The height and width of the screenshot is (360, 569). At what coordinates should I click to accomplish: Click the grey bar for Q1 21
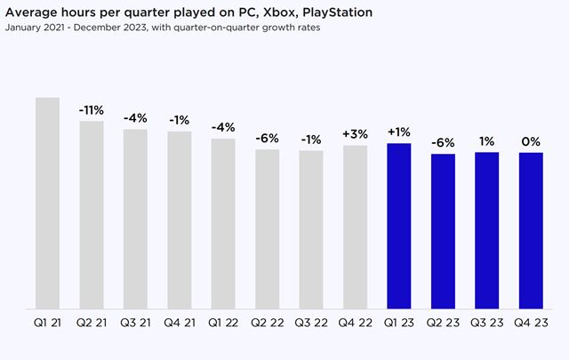point(47,203)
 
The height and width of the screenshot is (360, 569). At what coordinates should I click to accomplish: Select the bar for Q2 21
point(92,214)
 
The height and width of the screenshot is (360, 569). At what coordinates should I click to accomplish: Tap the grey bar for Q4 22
point(355,227)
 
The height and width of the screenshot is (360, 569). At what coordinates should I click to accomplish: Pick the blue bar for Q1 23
point(398,226)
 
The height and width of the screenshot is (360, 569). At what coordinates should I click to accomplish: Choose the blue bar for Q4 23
point(531,230)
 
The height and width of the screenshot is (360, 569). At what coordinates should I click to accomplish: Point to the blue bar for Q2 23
point(443,231)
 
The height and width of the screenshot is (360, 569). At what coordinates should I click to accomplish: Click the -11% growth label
point(91,110)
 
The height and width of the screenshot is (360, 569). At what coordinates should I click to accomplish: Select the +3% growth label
point(355,134)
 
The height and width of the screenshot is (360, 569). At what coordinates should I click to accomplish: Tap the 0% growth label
point(531,141)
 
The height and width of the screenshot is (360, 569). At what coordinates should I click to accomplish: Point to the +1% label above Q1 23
point(398,132)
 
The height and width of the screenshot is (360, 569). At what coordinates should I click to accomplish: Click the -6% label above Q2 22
point(267,139)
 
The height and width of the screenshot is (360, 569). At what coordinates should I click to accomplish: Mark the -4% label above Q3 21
point(135,119)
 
